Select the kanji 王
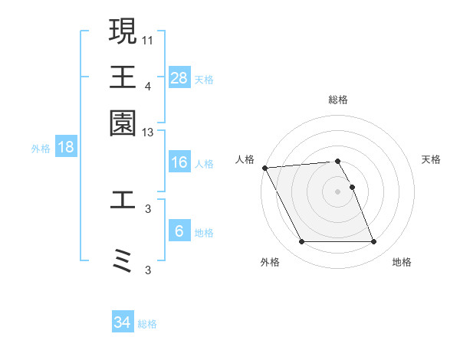pyautogui.click(x=123, y=77)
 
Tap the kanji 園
pyautogui.click(x=123, y=123)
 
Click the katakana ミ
pyautogui.click(x=123, y=261)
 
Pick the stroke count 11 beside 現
pyautogui.click(x=149, y=39)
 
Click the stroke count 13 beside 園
pyautogui.click(x=149, y=133)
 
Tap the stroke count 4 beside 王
pyautogui.click(x=149, y=87)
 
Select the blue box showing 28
pyautogui.click(x=179, y=77)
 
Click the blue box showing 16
pyautogui.click(x=179, y=162)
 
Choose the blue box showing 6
pyautogui.click(x=179, y=231)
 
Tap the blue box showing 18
pyautogui.click(x=66, y=148)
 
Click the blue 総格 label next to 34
pyautogui.click(x=148, y=324)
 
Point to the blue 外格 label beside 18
pyautogui.click(x=41, y=149)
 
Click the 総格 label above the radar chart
pyautogui.click(x=338, y=100)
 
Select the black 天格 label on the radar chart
pyautogui.click(x=431, y=159)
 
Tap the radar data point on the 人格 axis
pyautogui.click(x=264, y=168)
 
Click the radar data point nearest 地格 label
pyautogui.click(x=374, y=242)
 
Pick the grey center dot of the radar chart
pyautogui.click(x=338, y=191)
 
